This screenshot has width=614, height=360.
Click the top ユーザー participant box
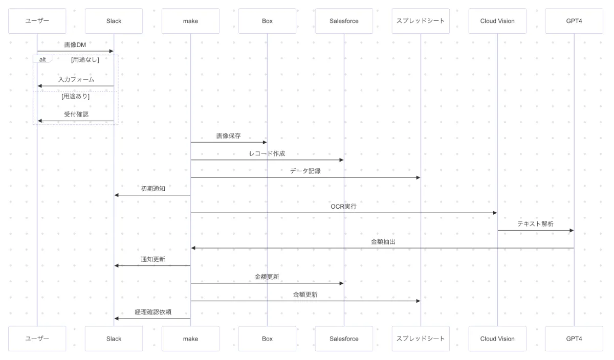click(37, 21)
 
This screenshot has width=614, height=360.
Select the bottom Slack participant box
click(114, 339)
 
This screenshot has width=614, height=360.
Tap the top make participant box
click(190, 21)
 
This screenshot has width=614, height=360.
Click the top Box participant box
click(267, 21)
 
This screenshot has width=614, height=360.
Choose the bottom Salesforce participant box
click(344, 339)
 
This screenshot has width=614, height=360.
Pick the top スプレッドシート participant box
click(421, 21)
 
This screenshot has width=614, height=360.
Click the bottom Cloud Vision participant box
click(497, 339)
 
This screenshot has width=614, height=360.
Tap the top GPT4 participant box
click(574, 21)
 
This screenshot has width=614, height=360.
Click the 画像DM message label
click(75, 45)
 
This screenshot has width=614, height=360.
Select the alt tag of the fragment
click(43, 59)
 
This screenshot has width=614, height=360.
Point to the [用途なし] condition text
click(85, 60)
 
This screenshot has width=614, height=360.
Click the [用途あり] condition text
click(75, 96)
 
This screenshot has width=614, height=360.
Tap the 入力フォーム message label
click(76, 80)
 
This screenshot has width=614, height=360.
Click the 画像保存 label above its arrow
click(229, 136)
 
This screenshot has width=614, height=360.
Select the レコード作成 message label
click(267, 153)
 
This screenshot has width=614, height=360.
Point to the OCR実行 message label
click(343, 207)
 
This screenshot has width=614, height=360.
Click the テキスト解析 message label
click(535, 224)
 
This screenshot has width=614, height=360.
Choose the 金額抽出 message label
click(383, 242)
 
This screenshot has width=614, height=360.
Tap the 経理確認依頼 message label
click(152, 312)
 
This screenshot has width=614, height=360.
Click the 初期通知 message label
click(152, 189)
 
